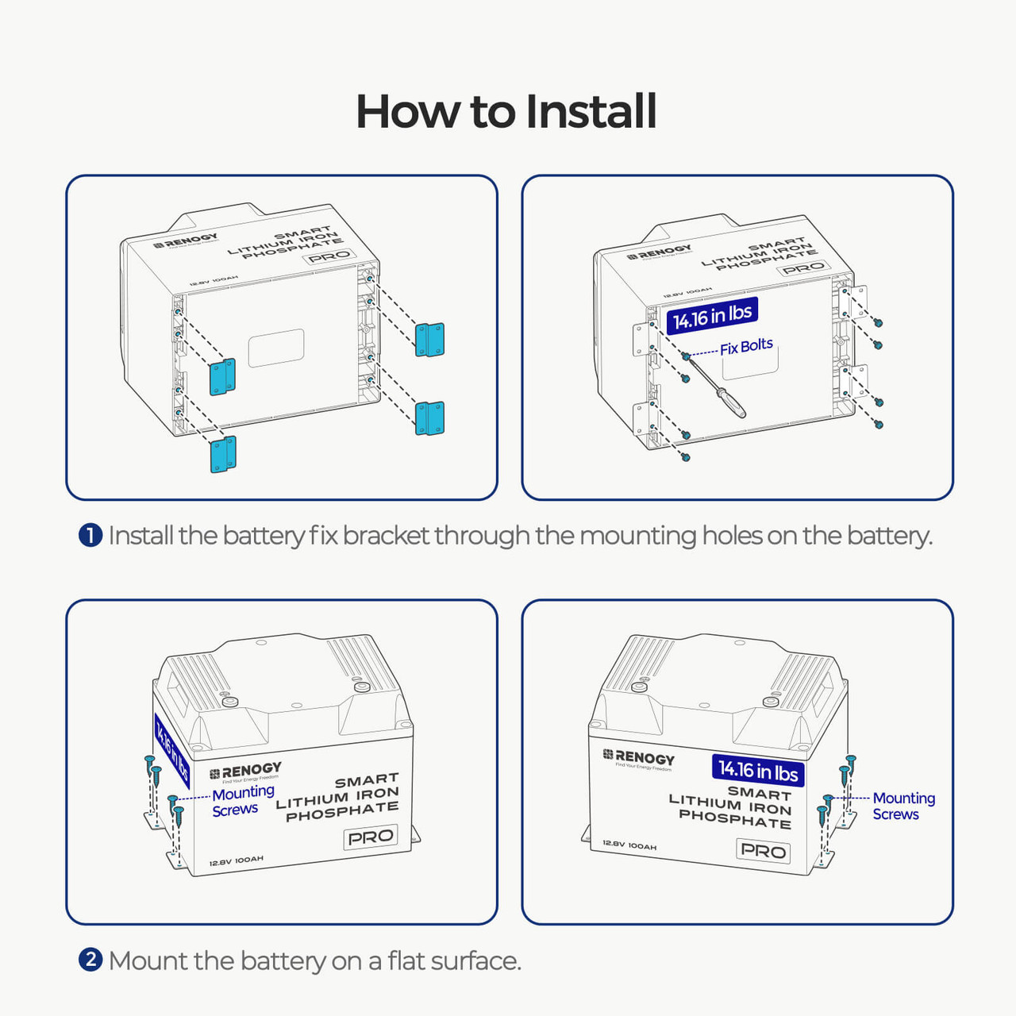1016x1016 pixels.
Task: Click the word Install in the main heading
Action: [x=591, y=111]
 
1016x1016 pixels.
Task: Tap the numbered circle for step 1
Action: [x=90, y=536]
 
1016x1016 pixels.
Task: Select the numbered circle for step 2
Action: [x=90, y=960]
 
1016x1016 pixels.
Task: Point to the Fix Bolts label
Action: [x=746, y=347]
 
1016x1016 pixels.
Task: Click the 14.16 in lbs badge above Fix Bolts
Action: [x=712, y=315]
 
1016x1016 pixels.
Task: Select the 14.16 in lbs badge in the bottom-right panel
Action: [x=758, y=770]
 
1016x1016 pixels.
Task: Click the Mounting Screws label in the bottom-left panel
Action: [x=242, y=801]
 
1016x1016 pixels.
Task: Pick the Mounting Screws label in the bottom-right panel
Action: [x=903, y=806]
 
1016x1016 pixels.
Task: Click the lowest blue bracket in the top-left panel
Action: [x=223, y=455]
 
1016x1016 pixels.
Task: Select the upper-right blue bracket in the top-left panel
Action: [x=429, y=340]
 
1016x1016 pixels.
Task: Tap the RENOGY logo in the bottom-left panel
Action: [x=245, y=771]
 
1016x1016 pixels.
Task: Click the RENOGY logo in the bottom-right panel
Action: [x=639, y=757]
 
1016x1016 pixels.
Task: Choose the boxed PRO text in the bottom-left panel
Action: [x=371, y=837]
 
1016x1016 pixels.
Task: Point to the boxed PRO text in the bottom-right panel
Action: [x=763, y=851]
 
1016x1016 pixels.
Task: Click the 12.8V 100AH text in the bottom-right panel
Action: [x=629, y=845]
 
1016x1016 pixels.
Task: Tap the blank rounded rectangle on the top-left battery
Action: [x=276, y=348]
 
